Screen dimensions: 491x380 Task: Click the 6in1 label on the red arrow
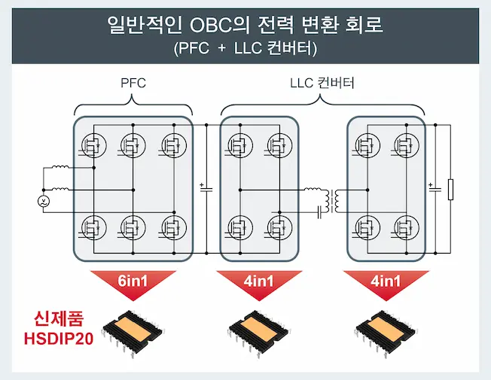point(133,281)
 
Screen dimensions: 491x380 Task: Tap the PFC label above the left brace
point(133,83)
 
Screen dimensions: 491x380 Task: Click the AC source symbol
point(44,201)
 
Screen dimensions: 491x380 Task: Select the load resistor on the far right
point(450,190)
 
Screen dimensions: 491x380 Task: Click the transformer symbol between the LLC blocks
point(332,201)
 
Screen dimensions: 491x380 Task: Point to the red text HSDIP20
point(59,339)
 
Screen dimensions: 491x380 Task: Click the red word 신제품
point(59,319)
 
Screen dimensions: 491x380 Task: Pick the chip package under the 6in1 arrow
point(133,333)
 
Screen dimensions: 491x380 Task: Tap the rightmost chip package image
point(386,333)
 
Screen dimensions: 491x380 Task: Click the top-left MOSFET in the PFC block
point(93,145)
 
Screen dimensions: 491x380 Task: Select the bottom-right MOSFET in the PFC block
point(174,227)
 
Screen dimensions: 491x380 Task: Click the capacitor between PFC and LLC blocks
point(206,189)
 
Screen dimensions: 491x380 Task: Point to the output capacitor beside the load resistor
point(435,189)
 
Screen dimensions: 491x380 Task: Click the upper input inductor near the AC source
point(60,166)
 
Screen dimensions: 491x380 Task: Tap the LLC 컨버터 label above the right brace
point(322,83)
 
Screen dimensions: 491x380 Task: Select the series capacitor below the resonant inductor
point(320,212)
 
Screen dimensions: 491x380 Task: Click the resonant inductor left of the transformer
point(313,189)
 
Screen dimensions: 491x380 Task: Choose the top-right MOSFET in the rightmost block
point(406,145)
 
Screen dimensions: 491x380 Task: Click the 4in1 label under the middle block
point(258,281)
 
